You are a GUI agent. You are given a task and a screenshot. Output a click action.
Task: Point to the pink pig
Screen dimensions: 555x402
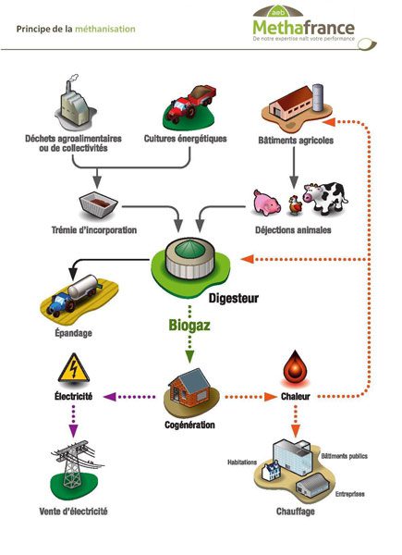click(x=267, y=200)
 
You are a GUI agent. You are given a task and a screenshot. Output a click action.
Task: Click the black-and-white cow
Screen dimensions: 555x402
click(x=323, y=196)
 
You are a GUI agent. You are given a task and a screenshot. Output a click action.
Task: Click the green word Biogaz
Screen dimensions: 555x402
click(x=191, y=327)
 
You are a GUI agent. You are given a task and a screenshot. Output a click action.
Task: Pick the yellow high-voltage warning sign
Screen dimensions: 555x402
click(x=74, y=369)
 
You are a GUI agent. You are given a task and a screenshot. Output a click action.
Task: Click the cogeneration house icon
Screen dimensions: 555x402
click(x=190, y=392)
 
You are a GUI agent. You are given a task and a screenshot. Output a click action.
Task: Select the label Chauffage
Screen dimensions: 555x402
click(x=295, y=511)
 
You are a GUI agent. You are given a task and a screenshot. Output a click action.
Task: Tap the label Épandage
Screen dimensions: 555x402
click(x=74, y=330)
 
